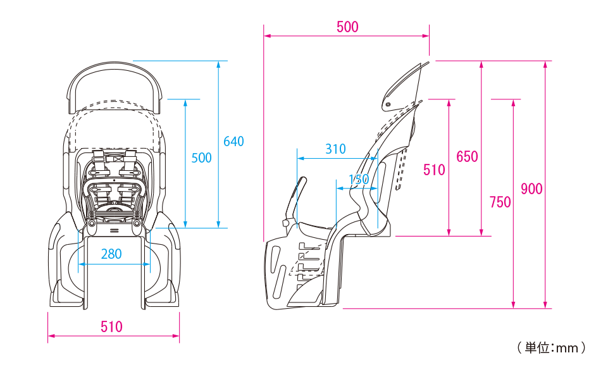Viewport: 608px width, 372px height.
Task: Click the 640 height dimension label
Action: tap(233, 142)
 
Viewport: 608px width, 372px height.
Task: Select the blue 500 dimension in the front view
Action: tap(201, 158)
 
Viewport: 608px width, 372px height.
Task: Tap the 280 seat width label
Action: tap(111, 254)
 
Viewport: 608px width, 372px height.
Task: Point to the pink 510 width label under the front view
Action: tap(111, 326)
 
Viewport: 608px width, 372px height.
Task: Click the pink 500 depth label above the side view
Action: tap(347, 27)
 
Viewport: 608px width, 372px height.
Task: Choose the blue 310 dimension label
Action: tap(335, 149)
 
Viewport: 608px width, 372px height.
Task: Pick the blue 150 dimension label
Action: tap(359, 179)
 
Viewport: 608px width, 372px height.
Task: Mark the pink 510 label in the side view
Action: tap(434, 170)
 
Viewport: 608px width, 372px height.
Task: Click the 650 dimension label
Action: tap(467, 157)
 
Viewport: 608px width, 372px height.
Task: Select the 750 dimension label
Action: tap(500, 202)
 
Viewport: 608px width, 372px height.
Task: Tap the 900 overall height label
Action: tap(531, 189)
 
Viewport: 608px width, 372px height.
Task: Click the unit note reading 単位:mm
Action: tap(552, 348)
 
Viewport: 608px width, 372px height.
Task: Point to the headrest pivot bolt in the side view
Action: tap(388, 104)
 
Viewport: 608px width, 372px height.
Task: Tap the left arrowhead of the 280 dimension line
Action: tap(82, 264)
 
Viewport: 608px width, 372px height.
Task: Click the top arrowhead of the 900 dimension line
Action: tap(545, 65)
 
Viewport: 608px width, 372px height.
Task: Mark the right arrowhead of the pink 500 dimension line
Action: tap(426, 36)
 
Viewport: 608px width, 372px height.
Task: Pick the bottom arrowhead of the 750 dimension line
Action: tap(513, 305)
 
